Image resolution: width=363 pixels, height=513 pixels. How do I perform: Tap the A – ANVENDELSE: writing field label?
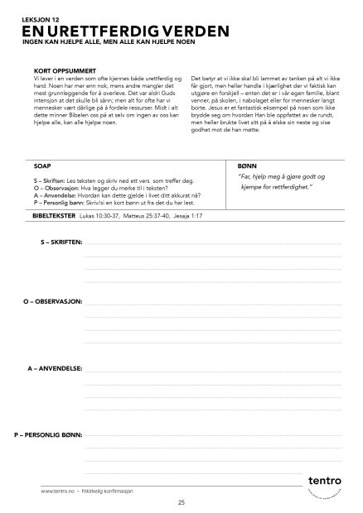(x=55, y=366)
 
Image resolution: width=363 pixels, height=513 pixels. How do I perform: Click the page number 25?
(x=181, y=502)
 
